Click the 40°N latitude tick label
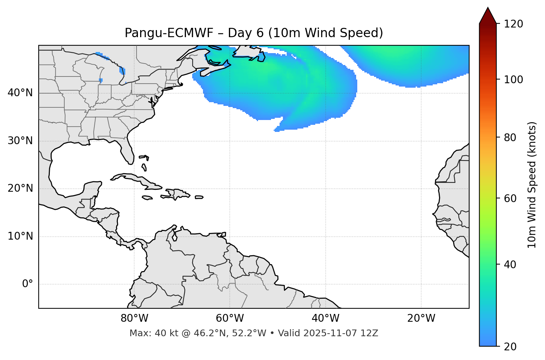20,93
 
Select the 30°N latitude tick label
20,141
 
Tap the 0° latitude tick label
28,284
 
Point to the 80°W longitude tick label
134,318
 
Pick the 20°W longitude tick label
421,318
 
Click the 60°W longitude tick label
230,318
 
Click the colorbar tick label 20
510,347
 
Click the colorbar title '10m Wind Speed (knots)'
532,185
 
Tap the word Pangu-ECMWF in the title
169,33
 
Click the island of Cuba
136,179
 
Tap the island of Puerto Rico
199,197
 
